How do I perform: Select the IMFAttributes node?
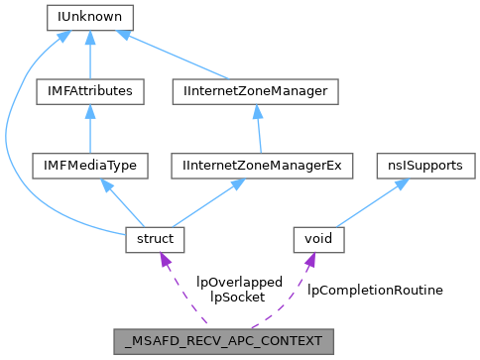[x=90, y=91]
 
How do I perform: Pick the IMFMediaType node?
[x=90, y=166]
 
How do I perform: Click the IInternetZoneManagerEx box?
[x=263, y=166]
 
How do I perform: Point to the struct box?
[x=150, y=239]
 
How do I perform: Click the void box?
[x=318, y=239]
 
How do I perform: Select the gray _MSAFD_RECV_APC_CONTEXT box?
[x=223, y=340]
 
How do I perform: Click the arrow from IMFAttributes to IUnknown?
[x=90, y=56]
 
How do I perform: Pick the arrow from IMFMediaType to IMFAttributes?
[x=90, y=130]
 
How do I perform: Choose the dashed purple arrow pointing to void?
[x=288, y=293]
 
